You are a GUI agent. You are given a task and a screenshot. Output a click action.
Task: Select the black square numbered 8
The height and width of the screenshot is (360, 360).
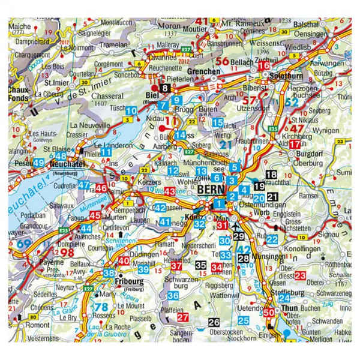(x=166, y=89)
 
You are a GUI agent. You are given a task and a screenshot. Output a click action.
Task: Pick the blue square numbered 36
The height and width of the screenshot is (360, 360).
(x=173, y=296)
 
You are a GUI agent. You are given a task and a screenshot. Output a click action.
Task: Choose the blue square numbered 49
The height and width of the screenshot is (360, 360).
(x=38, y=163)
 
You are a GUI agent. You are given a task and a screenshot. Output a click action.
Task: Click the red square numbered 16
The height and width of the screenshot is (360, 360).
(x=265, y=65)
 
